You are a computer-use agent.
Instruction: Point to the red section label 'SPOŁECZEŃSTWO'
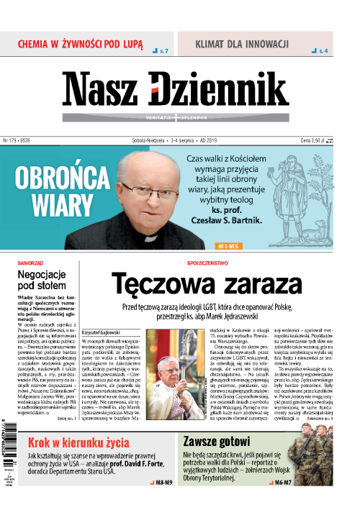(206, 263)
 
